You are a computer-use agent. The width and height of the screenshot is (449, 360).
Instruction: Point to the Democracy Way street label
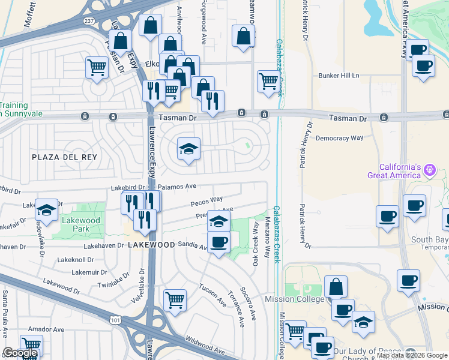[x=340, y=138]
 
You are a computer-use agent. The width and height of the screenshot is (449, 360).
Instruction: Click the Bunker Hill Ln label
[x=339, y=76]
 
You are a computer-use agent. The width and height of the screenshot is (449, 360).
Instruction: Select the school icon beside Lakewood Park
[x=47, y=210]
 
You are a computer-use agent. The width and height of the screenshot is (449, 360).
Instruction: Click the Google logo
[x=20, y=353]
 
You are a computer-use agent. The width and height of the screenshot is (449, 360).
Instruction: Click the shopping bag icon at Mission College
[x=336, y=287]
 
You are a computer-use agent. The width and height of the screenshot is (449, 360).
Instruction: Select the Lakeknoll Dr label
[x=74, y=260]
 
